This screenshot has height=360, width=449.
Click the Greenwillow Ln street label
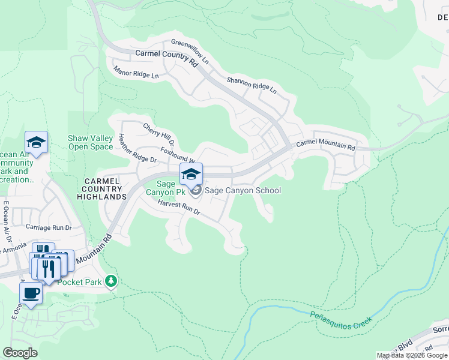190,52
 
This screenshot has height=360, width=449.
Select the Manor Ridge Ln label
136,72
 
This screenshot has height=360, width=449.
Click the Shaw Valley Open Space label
91,142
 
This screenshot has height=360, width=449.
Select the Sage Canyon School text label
243,191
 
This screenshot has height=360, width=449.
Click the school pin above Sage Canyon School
191,175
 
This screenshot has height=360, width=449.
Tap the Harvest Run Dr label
179,209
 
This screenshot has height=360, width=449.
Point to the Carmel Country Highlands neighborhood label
105,188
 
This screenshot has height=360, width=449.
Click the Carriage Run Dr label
49,228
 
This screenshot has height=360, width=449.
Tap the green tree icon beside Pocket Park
110,281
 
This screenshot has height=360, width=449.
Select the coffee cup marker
31,293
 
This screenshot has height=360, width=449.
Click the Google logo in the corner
20,353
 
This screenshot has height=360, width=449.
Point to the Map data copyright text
412,355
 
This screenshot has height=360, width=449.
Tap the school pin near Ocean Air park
36,143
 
